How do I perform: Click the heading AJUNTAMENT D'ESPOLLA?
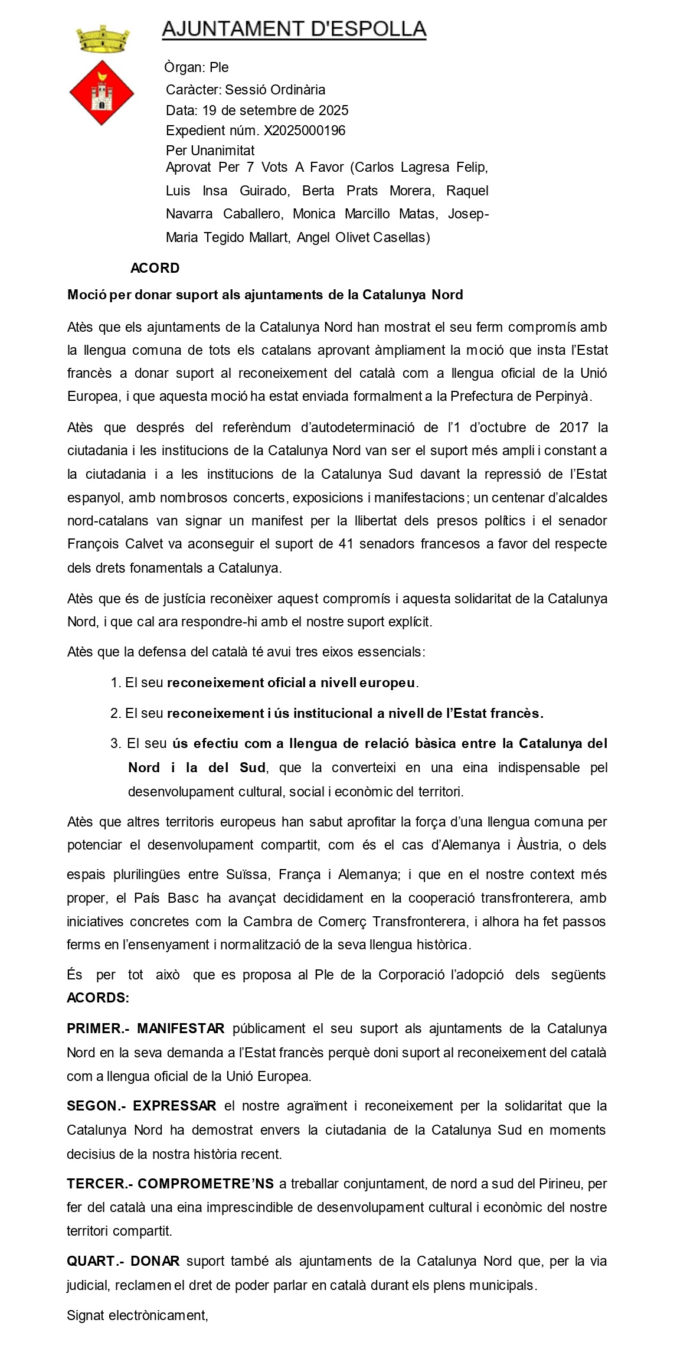pyautogui.click(x=294, y=29)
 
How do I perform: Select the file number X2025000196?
pyautogui.click(x=305, y=130)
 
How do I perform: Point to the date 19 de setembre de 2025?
pyautogui.click(x=275, y=110)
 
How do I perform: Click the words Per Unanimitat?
pyautogui.click(x=210, y=151)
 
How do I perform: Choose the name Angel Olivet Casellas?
pyautogui.click(x=363, y=237)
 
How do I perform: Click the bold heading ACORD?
pyautogui.click(x=155, y=268)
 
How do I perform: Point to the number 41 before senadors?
pyautogui.click(x=346, y=544)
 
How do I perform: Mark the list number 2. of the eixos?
pyautogui.click(x=115, y=713)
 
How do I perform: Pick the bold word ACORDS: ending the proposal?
pyautogui.click(x=98, y=998)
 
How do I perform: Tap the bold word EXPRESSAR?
pyautogui.click(x=175, y=1106)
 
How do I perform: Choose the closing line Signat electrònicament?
pyautogui.click(x=138, y=1315)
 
